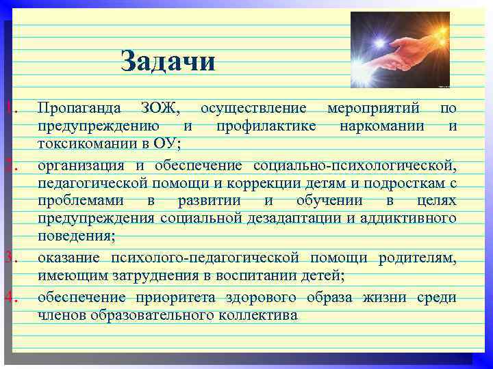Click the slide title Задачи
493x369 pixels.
[x=168, y=61]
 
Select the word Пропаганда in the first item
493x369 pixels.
[x=80, y=108]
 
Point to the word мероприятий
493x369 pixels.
[x=373, y=108]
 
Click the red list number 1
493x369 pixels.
[x=8, y=108]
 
